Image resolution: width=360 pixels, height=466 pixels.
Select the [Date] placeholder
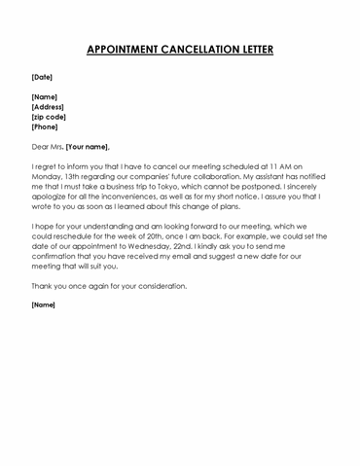coord(42,76)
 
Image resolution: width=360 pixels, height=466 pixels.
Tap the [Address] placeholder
coord(50,106)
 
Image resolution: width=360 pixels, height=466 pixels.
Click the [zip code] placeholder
coord(51,116)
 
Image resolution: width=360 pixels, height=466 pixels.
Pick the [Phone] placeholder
coord(45,126)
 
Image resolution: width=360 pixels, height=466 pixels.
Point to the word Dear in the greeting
coord(41,146)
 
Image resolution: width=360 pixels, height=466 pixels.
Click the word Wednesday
coord(155,246)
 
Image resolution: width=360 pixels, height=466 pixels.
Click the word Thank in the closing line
coord(42,286)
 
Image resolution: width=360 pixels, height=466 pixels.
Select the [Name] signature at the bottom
coord(43,305)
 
